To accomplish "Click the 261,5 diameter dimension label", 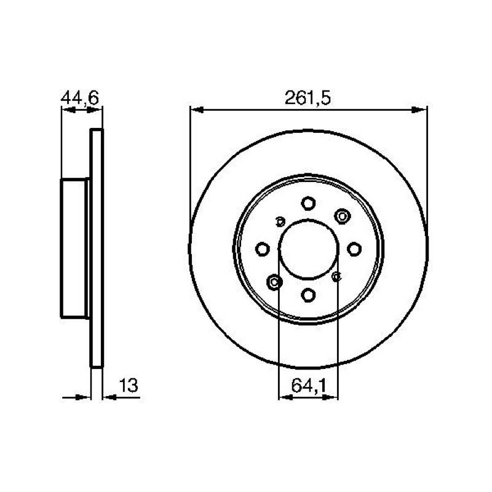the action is [307, 98].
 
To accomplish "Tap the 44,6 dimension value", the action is [80, 98].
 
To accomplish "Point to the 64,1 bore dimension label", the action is [309, 386].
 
